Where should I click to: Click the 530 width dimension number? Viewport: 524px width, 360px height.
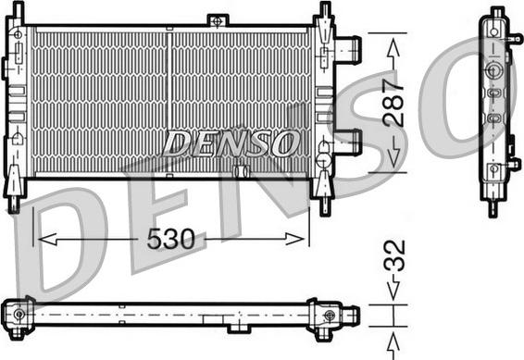pyautogui.click(x=172, y=241)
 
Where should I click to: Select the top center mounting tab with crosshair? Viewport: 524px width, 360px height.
pyautogui.click(x=217, y=19)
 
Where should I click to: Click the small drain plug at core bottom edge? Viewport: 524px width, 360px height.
pyautogui.click(x=242, y=171)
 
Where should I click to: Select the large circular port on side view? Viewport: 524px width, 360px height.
pyautogui.click(x=493, y=71)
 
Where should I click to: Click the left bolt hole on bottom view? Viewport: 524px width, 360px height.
pyautogui.click(x=18, y=315)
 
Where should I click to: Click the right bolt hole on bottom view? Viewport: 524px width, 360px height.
pyautogui.click(x=330, y=315)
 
